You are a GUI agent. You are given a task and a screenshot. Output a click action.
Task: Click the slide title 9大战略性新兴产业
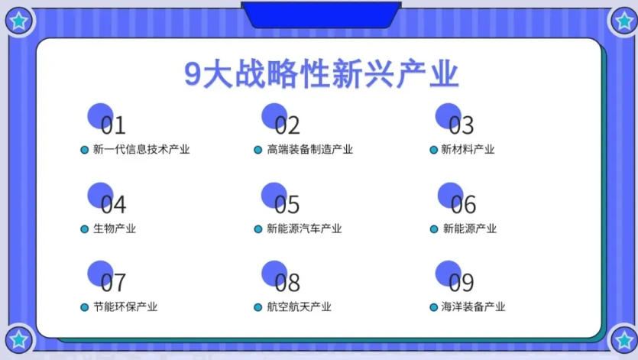[x=321, y=74]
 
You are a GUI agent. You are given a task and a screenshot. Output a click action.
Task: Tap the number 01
[x=112, y=125]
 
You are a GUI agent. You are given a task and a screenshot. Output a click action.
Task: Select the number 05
[x=287, y=205]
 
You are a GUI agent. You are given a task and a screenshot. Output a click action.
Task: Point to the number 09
[x=461, y=284]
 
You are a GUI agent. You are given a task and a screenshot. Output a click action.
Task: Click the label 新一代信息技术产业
[x=141, y=150]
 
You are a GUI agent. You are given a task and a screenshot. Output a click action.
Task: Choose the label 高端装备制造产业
[x=310, y=150]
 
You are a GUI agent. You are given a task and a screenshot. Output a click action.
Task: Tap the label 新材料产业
[x=468, y=150]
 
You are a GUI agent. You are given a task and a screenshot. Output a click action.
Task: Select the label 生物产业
[x=115, y=229]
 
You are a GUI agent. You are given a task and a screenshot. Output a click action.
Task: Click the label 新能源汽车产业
[x=304, y=229]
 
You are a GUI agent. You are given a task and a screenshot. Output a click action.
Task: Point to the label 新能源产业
[x=470, y=229]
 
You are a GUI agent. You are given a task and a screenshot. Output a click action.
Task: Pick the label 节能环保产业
[x=125, y=307]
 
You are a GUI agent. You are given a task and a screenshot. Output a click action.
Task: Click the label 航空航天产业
[x=299, y=307]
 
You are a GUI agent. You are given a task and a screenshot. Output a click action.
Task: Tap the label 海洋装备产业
[x=473, y=307]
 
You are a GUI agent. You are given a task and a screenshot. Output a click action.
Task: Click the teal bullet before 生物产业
[x=85, y=229]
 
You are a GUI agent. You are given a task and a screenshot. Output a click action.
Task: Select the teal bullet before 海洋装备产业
[x=434, y=307]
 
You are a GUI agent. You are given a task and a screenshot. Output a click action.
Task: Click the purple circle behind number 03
[x=446, y=115]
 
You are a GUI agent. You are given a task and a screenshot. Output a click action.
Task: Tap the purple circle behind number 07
[x=99, y=272]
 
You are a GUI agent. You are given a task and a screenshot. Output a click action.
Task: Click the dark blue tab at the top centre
[x=321, y=14]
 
